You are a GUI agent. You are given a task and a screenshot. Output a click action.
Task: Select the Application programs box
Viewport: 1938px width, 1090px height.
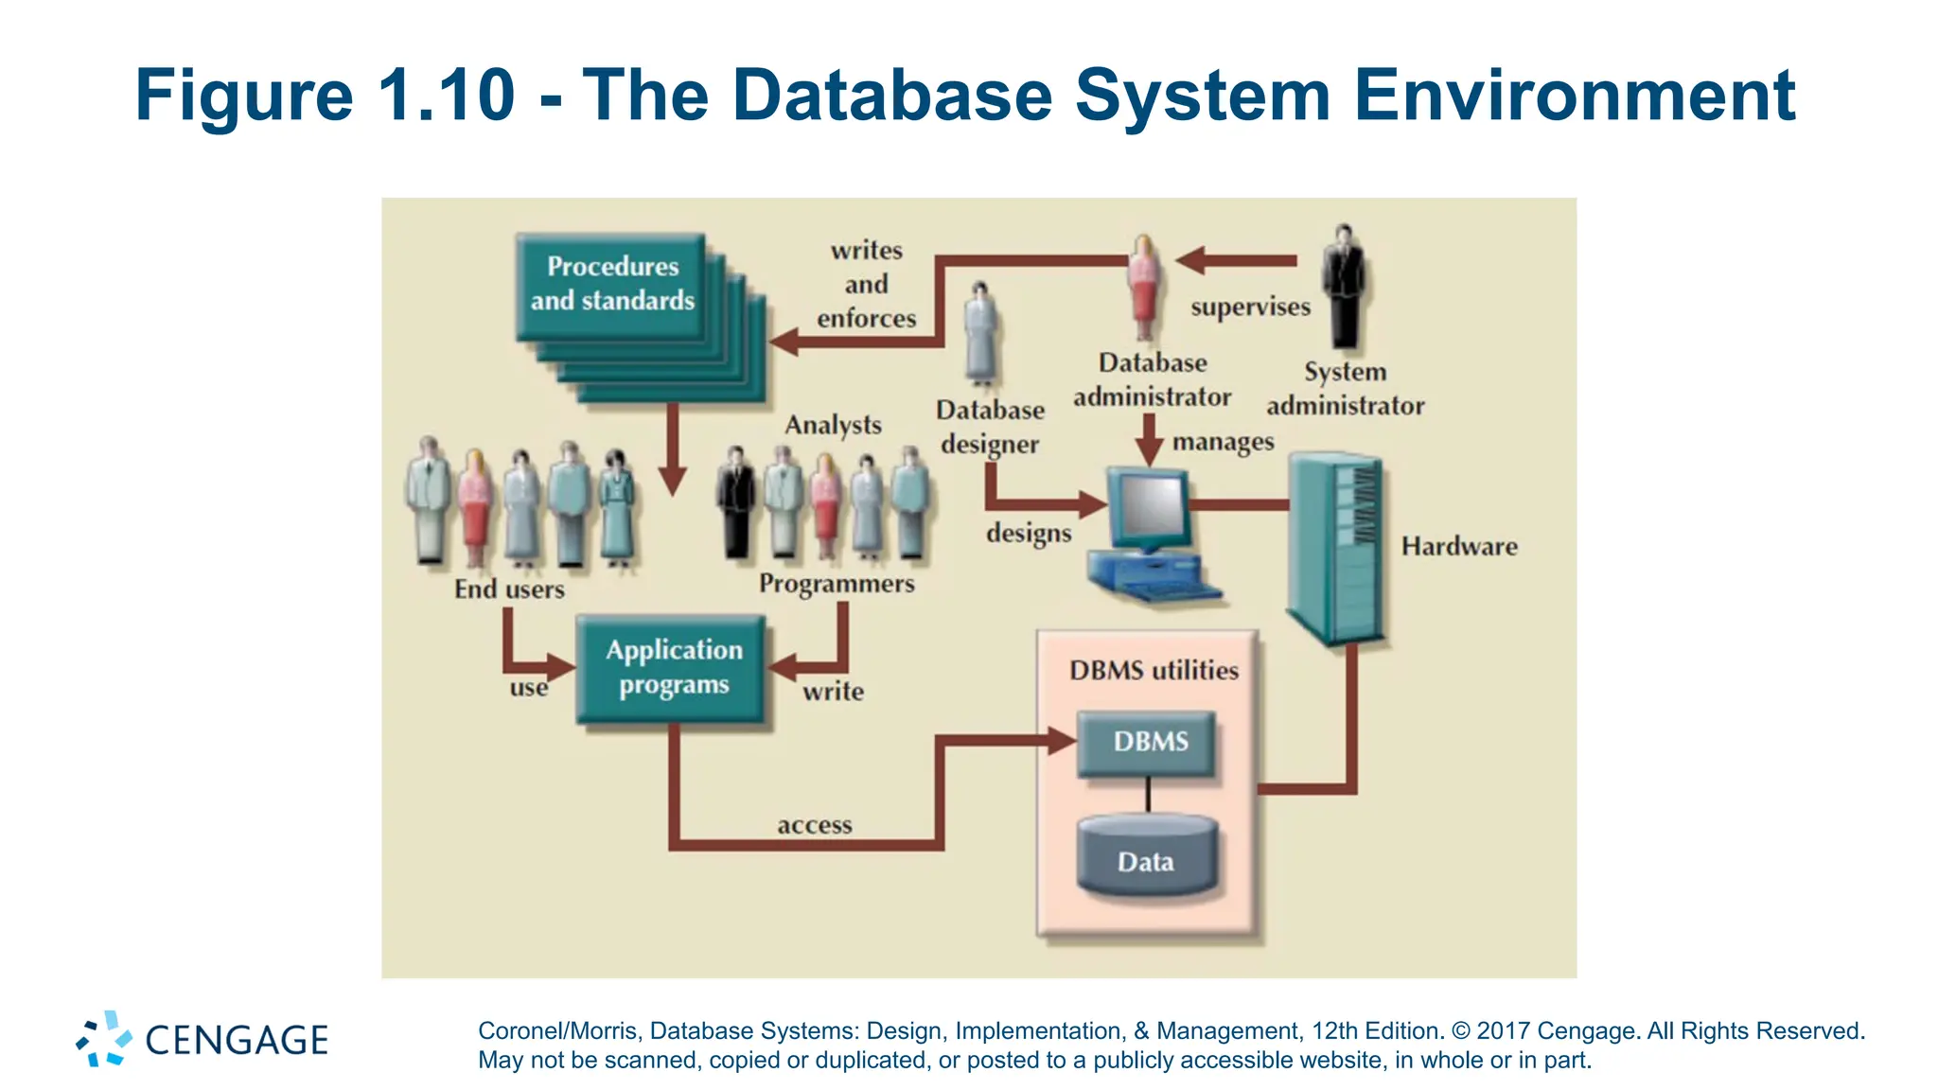pos(672,668)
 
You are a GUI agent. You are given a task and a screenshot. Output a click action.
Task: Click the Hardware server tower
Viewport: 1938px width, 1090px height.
pos(1336,549)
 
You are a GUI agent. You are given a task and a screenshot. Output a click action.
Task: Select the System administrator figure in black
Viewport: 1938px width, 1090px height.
pos(1344,286)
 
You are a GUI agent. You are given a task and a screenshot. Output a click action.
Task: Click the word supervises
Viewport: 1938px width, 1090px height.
pos(1250,308)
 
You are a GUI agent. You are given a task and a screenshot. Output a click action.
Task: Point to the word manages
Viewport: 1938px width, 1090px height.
pos(1223,442)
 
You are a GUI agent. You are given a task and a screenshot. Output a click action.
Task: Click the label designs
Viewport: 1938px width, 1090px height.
pos(1029,533)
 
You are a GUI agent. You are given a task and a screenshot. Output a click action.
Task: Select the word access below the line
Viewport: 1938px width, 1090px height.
pos(814,826)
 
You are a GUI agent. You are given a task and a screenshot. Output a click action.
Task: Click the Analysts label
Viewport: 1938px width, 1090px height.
pos(833,425)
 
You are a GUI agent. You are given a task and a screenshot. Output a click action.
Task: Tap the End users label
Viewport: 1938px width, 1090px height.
pos(509,589)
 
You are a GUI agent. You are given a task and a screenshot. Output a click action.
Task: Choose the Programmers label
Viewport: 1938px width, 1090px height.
pos(837,584)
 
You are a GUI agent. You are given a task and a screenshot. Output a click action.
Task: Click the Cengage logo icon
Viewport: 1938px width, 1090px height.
pos(104,1039)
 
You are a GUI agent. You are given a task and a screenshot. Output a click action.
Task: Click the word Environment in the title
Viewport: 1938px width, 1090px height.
pos(1574,97)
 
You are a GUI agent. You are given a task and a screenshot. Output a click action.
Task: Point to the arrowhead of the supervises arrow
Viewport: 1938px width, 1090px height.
pos(1189,260)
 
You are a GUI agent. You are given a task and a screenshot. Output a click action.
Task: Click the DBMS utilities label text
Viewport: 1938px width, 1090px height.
pos(1154,671)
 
